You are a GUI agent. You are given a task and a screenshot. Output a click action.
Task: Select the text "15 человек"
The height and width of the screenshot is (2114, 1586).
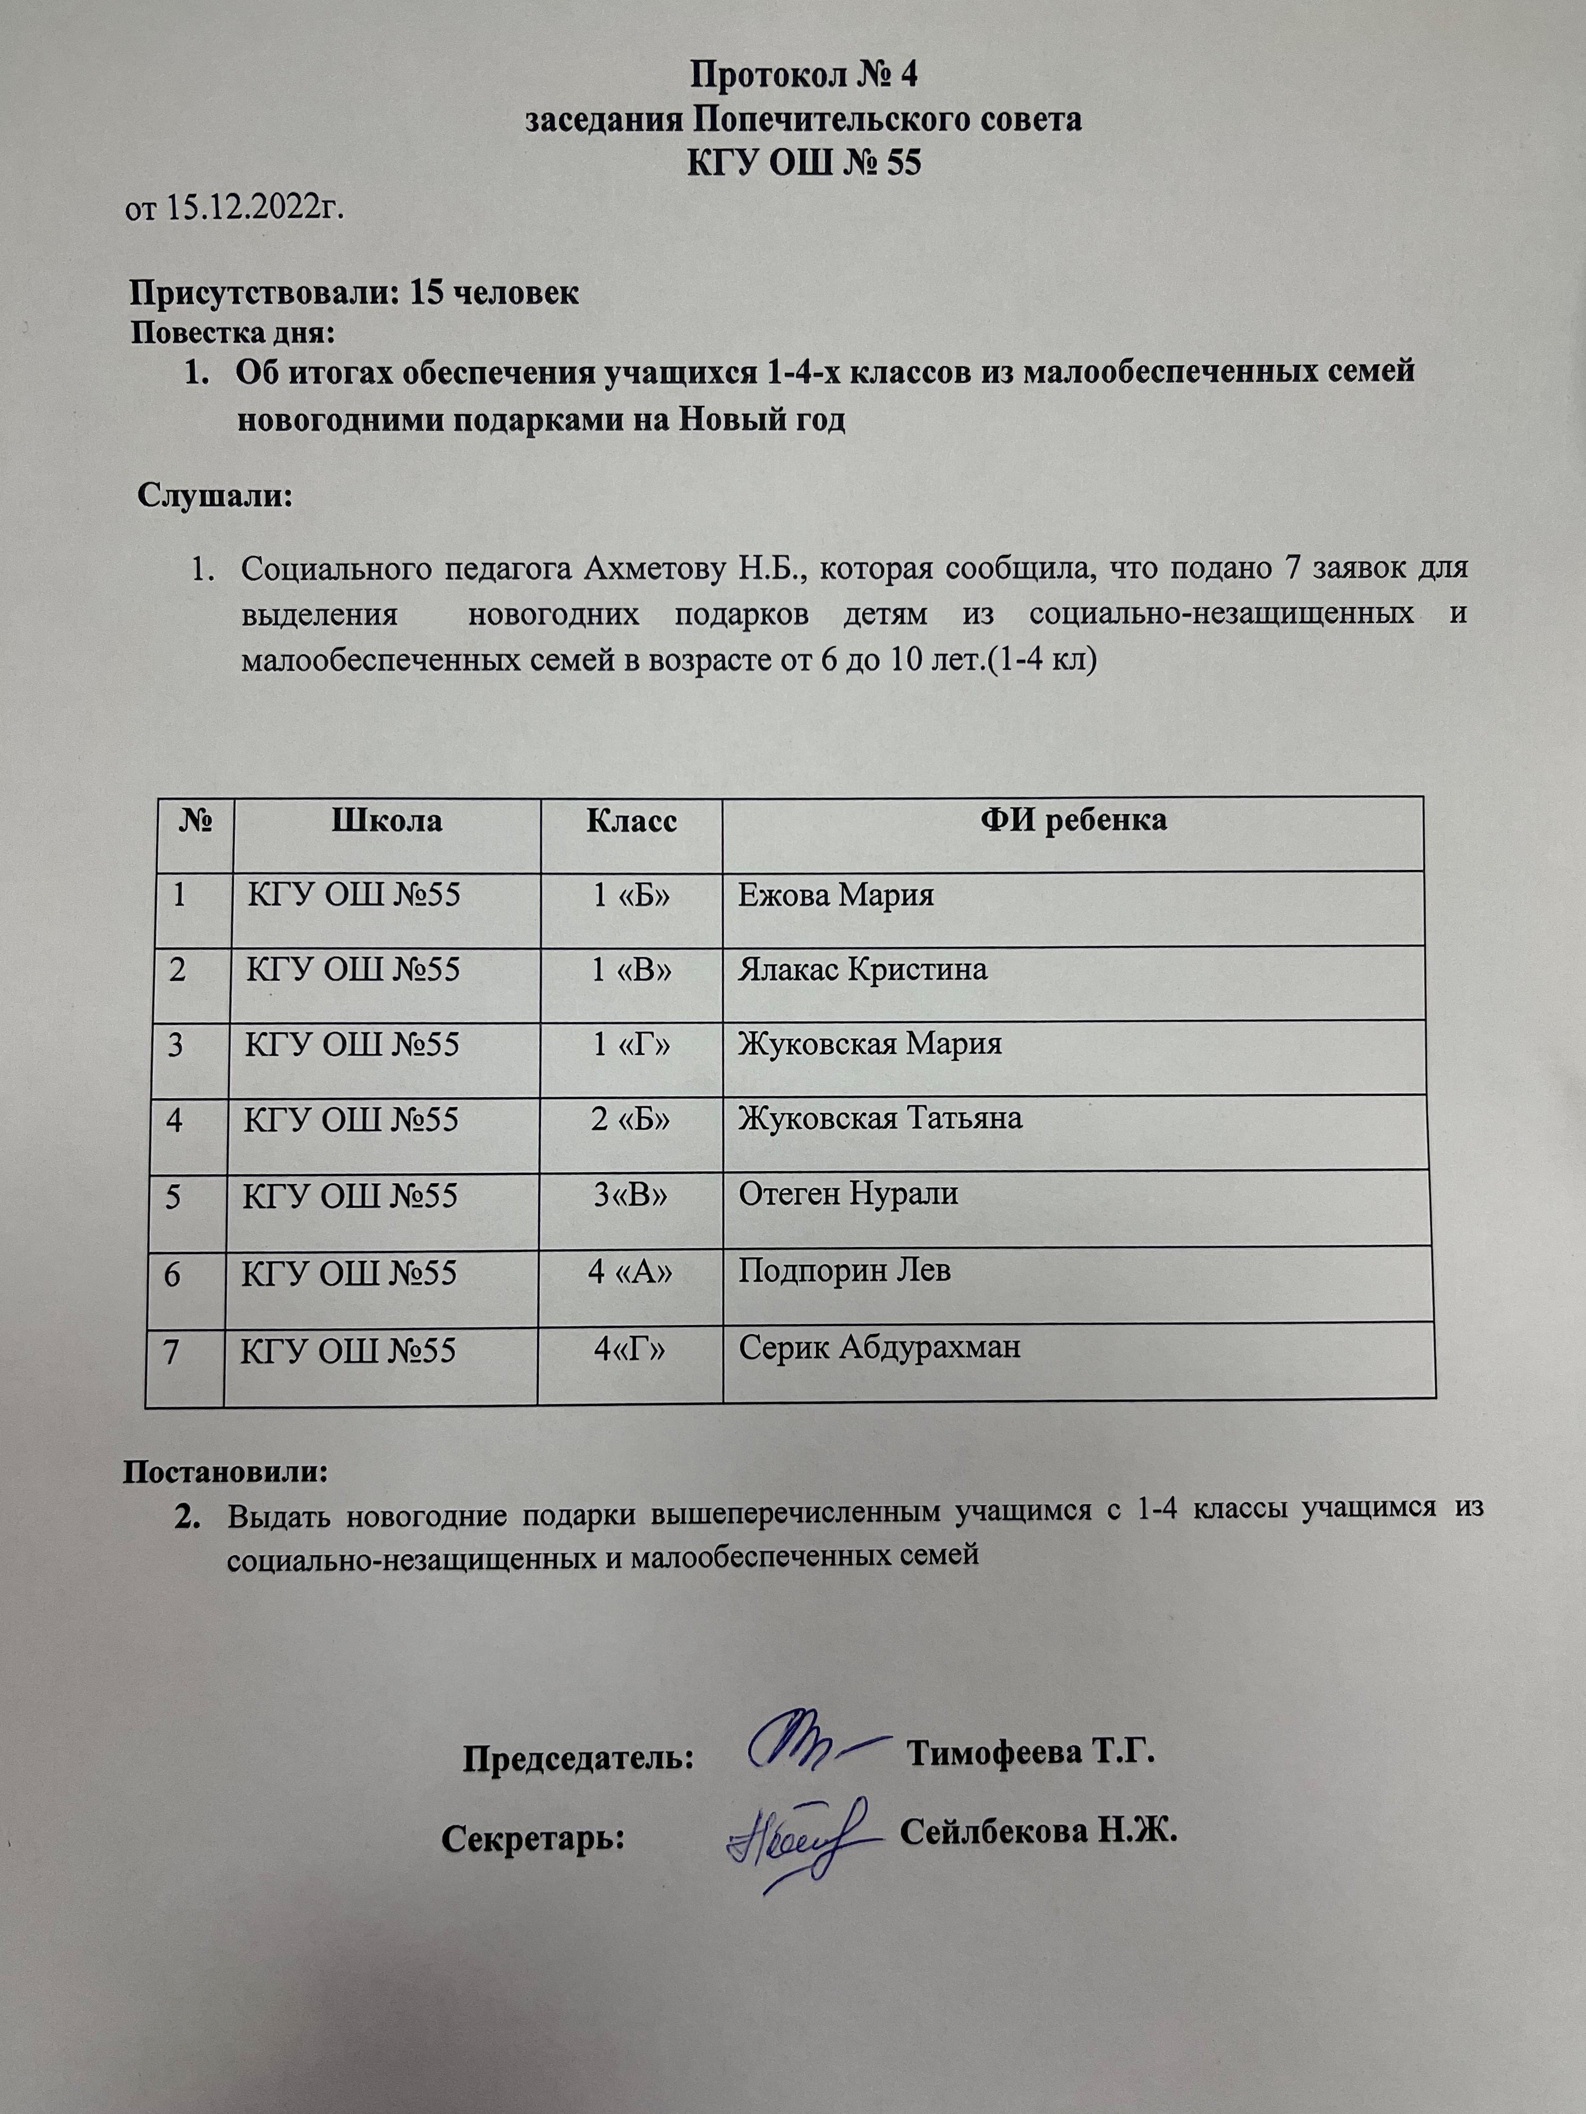[x=493, y=293]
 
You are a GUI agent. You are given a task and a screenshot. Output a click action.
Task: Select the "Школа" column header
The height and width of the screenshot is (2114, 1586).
[x=386, y=820]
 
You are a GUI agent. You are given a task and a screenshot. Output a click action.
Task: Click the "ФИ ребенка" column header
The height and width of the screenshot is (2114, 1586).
[x=1073, y=820]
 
